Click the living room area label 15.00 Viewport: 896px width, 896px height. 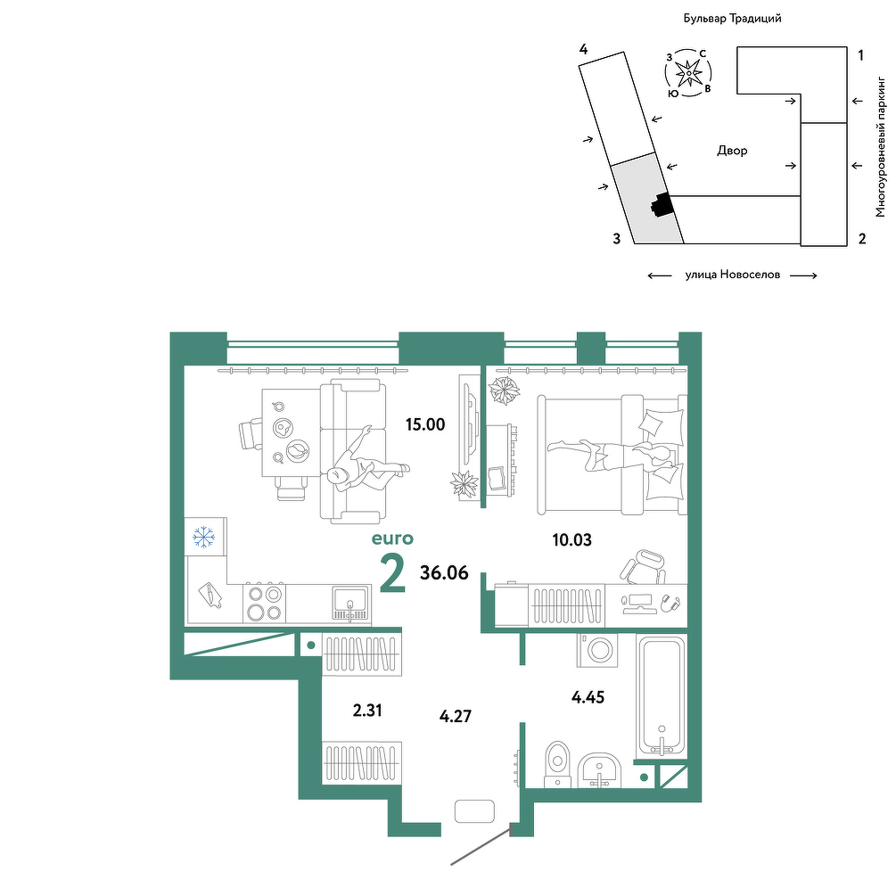(425, 424)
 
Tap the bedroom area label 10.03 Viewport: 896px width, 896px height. (572, 539)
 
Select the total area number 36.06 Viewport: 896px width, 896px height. (444, 572)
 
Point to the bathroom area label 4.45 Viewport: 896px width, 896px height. (588, 697)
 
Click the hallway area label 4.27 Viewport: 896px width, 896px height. (456, 716)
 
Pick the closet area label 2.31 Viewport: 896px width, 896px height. (367, 711)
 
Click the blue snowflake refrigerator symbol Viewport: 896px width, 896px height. (203, 538)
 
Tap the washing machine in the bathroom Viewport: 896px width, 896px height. (597, 650)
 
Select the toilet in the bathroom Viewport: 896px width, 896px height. (558, 765)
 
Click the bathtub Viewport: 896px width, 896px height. (662, 696)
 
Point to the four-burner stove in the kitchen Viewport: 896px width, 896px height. (265, 603)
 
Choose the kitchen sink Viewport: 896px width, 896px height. (351, 604)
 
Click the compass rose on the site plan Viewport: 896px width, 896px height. (688, 72)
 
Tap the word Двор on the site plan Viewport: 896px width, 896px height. (732, 151)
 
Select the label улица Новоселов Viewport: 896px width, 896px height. (733, 275)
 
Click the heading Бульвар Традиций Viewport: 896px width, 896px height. (733, 19)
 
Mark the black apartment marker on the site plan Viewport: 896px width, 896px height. (662, 204)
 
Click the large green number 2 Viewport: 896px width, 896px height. (392, 573)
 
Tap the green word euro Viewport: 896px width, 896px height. (392, 538)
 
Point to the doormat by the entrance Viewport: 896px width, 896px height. (474, 810)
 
